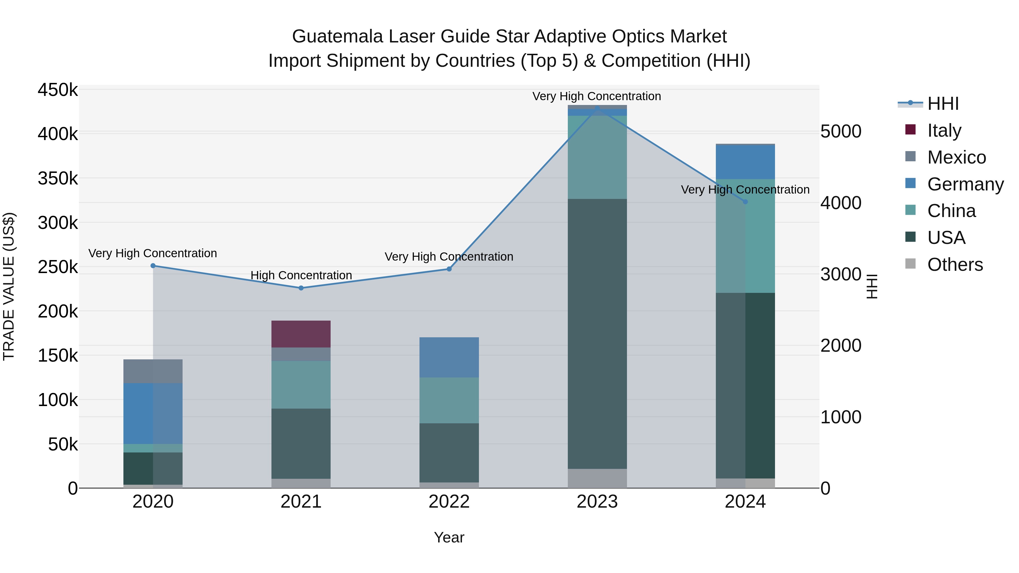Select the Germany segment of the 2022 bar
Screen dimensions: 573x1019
(449, 357)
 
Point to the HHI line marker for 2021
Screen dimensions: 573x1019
(301, 288)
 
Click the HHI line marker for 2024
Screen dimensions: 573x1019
(745, 202)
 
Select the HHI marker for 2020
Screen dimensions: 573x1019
(153, 266)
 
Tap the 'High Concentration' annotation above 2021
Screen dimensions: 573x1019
(301, 275)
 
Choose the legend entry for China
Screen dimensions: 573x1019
(951, 211)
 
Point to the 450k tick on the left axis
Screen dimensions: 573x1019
(58, 90)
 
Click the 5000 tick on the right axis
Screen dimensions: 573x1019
(841, 131)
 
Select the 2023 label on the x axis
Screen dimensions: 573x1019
(597, 502)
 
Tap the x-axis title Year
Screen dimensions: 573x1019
(449, 537)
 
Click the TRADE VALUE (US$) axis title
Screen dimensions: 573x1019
(9, 286)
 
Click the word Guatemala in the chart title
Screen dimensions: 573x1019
(337, 37)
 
